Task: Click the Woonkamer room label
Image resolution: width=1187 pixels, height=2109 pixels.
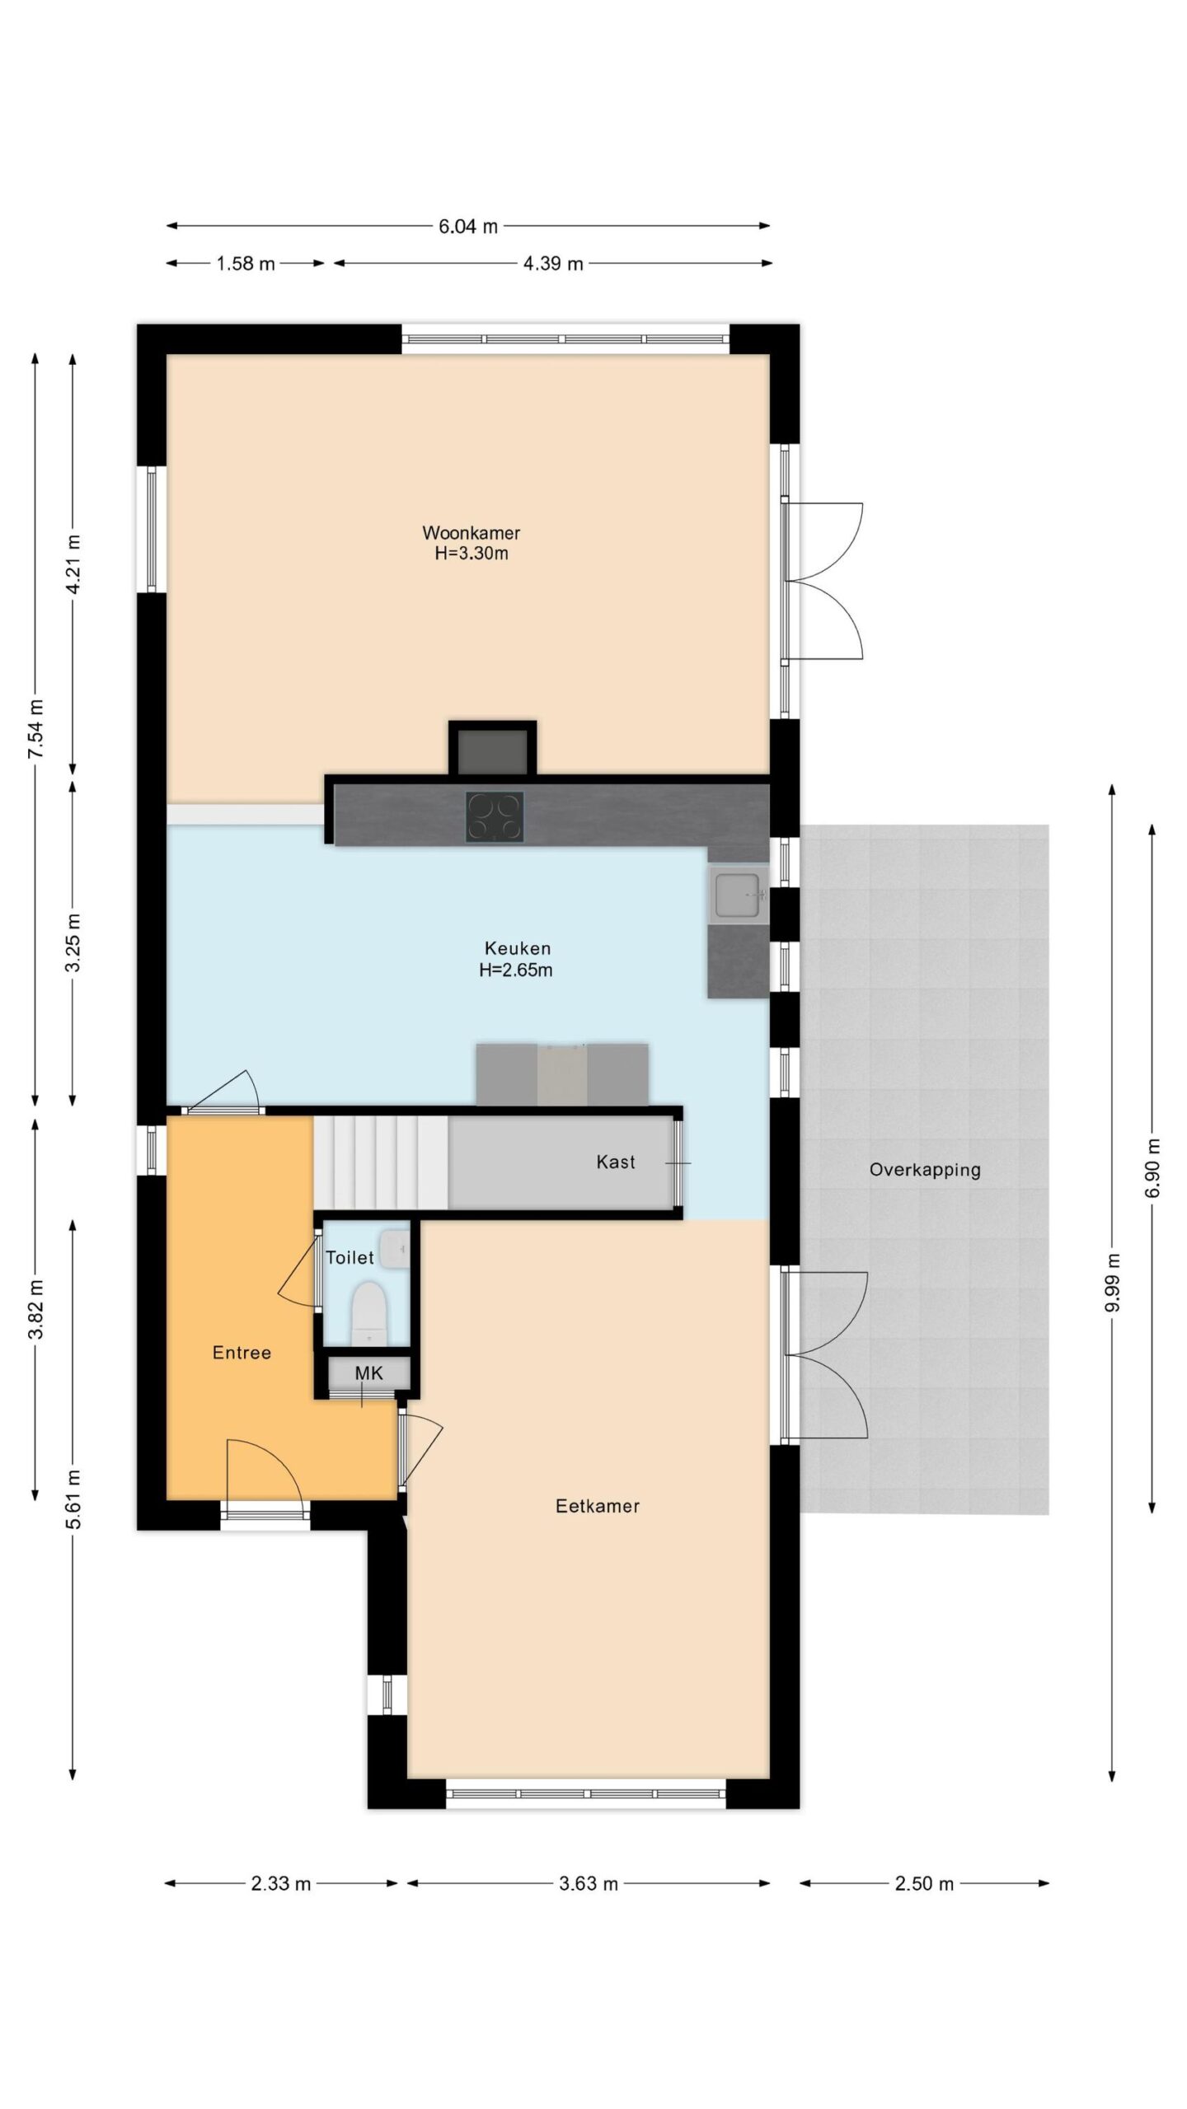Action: click(x=471, y=532)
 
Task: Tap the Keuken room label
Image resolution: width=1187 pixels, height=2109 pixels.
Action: click(x=517, y=948)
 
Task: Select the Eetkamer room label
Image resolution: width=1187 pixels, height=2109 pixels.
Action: click(x=598, y=1506)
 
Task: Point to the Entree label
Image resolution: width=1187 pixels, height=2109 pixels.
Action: click(x=242, y=1352)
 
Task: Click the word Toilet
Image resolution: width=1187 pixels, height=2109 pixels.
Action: click(x=350, y=1257)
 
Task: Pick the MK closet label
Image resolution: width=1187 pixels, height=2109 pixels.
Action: click(x=368, y=1372)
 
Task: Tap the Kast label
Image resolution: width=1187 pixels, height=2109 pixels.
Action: click(x=616, y=1162)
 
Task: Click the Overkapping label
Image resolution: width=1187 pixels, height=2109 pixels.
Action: click(x=925, y=1170)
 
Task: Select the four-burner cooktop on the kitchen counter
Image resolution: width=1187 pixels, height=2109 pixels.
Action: click(x=495, y=816)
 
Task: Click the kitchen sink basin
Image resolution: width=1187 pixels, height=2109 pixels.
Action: click(x=738, y=895)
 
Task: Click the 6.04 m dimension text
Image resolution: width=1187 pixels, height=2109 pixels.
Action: click(x=468, y=227)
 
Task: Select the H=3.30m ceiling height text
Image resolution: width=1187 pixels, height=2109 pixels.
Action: click(x=472, y=554)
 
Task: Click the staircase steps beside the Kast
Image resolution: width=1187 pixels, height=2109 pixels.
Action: click(x=381, y=1163)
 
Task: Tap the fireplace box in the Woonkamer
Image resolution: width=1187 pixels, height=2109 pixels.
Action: click(x=493, y=749)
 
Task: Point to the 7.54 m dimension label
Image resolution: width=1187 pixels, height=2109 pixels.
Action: click(x=35, y=730)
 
